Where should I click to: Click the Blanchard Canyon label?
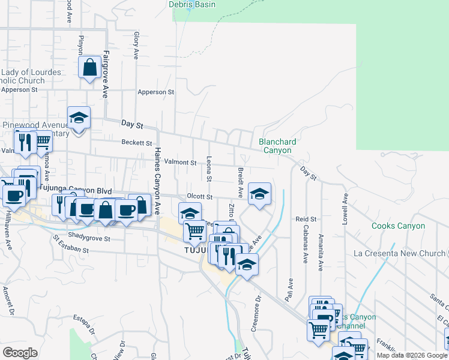(277, 146)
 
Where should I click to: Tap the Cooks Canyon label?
(398, 226)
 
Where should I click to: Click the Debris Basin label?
(196, 5)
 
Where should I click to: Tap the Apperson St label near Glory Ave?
(155, 92)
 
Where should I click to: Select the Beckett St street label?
(136, 143)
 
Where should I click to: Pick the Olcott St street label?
(200, 196)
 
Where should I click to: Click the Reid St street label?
(306, 220)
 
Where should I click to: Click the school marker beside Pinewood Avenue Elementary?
(79, 119)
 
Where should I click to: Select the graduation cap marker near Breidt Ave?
(259, 194)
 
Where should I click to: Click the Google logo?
(20, 353)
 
